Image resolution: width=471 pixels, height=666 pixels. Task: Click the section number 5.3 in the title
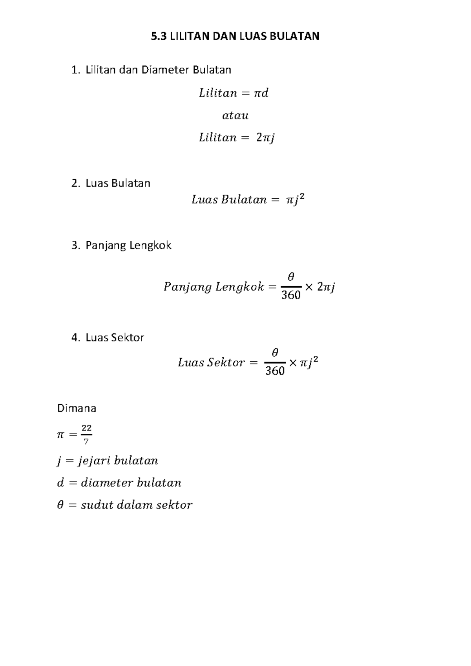159,37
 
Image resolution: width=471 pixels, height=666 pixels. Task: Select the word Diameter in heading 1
165,70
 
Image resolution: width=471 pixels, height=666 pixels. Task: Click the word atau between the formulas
235,115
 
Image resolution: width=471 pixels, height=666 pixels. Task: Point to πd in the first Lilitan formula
261,93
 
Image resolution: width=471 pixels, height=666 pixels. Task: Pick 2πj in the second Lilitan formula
265,138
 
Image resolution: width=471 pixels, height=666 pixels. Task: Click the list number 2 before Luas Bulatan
75,183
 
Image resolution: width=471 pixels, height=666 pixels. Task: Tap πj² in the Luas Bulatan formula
295,200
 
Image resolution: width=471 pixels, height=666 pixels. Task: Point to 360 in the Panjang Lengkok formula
291,295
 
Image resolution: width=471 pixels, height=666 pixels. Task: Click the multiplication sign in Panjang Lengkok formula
309,287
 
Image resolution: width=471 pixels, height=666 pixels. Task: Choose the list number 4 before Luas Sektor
75,338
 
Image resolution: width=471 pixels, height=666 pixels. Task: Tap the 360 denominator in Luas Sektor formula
275,371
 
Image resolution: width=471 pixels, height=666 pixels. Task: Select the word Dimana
77,408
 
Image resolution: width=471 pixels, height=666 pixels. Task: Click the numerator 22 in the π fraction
86,428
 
